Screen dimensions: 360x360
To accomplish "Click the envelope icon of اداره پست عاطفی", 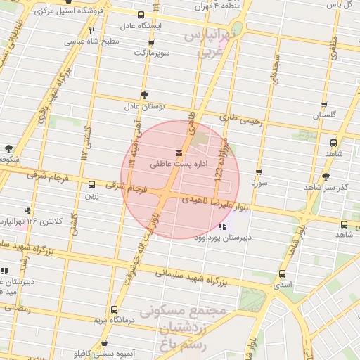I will [x=177, y=153].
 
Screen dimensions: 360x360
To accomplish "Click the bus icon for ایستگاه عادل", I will [x=141, y=15].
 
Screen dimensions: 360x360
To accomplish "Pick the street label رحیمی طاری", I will [x=241, y=121].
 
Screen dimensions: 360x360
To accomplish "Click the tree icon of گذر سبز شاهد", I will [x=325, y=177].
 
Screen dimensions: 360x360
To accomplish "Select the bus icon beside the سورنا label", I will [x=259, y=172].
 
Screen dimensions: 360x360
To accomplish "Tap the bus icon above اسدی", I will [x=282, y=274].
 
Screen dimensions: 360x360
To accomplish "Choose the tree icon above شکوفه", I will [x=8, y=148].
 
